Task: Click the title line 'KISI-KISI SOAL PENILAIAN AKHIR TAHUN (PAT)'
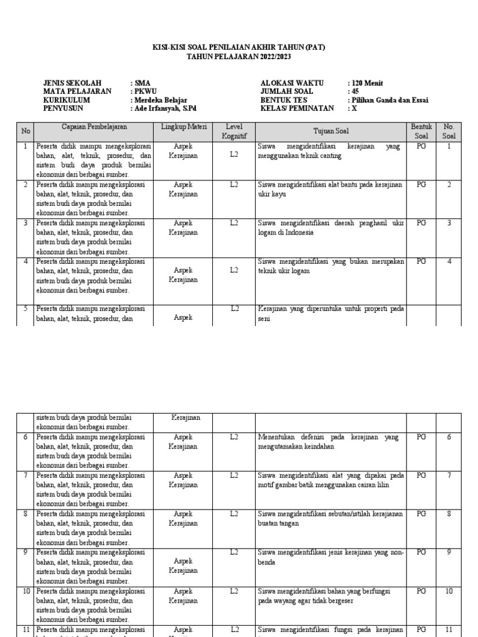tap(239, 47)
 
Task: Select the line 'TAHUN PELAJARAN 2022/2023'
tap(239, 57)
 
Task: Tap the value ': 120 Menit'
tap(365, 83)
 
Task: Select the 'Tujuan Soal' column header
tap(331, 131)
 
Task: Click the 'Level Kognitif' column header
tap(234, 131)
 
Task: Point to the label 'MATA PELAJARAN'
tap(77, 91)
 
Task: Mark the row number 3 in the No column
tap(26, 222)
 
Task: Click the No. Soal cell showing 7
tap(449, 475)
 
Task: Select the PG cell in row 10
tap(421, 590)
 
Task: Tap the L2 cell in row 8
tap(234, 513)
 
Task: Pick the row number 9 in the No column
tap(26, 552)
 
